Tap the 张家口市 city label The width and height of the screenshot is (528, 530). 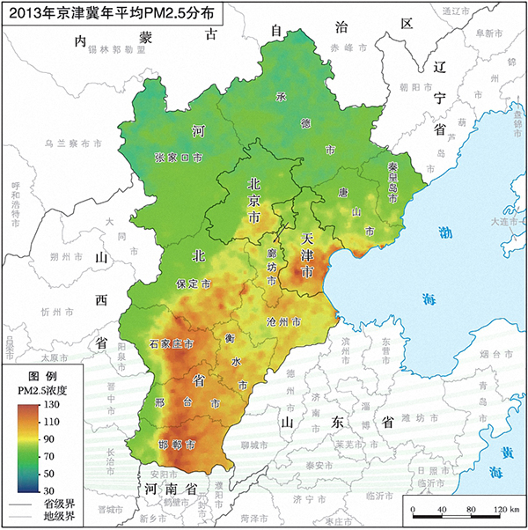click(x=179, y=158)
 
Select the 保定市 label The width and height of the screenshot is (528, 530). click(x=193, y=284)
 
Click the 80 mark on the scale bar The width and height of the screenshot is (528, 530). click(x=471, y=511)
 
